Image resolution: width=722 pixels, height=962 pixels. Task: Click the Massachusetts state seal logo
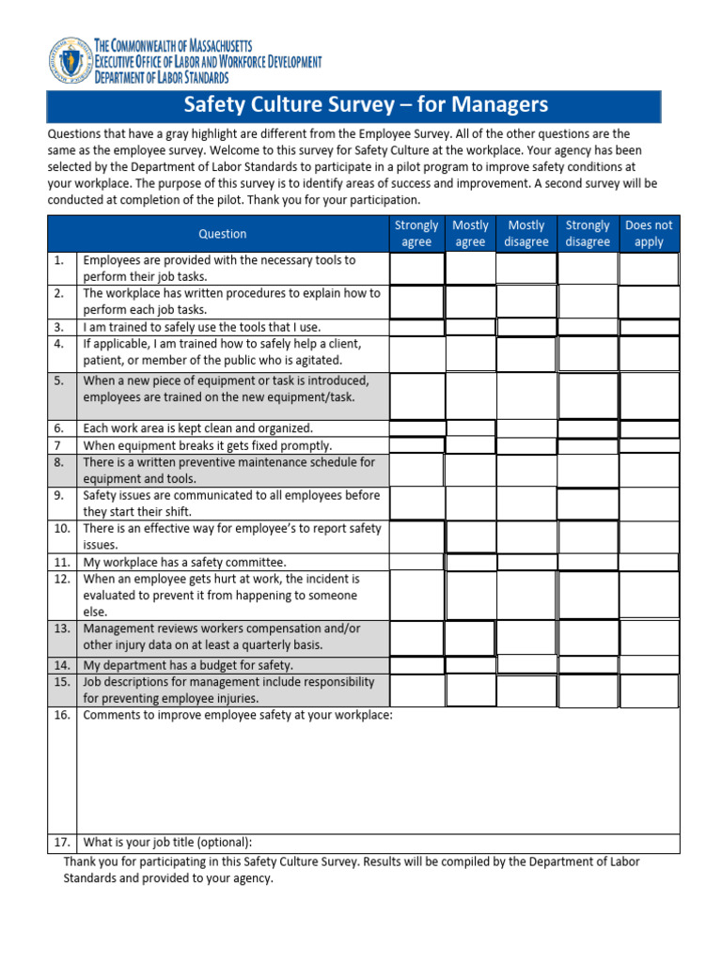tap(69, 61)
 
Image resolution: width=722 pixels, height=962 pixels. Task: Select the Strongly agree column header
tap(416, 234)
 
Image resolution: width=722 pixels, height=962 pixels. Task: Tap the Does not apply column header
tap(649, 234)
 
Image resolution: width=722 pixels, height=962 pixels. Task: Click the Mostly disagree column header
tap(526, 234)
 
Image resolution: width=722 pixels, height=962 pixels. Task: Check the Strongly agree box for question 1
tap(416, 269)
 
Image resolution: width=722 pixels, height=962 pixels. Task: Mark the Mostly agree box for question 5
tap(470, 396)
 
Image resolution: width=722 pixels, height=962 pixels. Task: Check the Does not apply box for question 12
tap(649, 595)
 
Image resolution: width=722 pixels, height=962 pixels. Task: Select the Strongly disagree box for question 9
tap(588, 504)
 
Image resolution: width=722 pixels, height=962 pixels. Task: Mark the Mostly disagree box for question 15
tap(526, 690)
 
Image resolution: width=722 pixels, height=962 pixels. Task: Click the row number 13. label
tap(62, 628)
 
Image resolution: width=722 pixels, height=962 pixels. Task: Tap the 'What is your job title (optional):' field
tap(376, 842)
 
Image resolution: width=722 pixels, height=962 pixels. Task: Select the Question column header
tap(222, 234)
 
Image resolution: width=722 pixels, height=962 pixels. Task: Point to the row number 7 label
tap(59, 445)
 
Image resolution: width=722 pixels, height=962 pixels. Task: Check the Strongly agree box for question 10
tap(416, 536)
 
